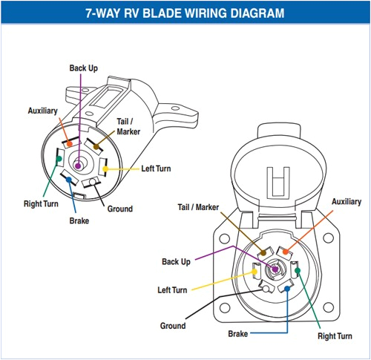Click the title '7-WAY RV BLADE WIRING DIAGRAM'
point(185,13)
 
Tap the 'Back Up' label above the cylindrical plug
point(83,68)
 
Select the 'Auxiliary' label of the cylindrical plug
point(42,110)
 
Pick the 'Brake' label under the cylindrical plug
point(80,220)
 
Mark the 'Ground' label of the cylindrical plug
point(120,209)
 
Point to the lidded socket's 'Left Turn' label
point(173,289)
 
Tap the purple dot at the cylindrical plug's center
point(79,165)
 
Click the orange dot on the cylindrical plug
point(69,143)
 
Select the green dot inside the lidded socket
point(297,272)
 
